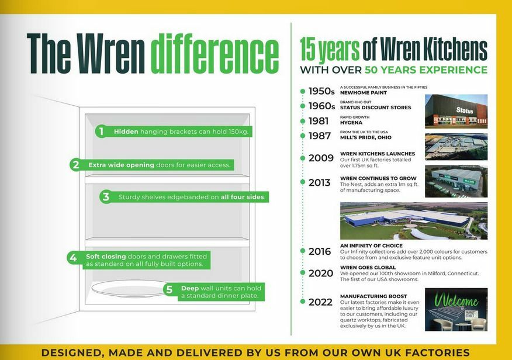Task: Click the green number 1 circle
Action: pyautogui.click(x=102, y=131)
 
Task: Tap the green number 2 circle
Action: pyautogui.click(x=75, y=165)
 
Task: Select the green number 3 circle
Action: pyautogui.click(x=106, y=197)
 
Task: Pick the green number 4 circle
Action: pyautogui.click(x=73, y=258)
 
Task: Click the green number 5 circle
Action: pyautogui.click(x=169, y=289)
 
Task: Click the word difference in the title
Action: pyautogui.click(x=215, y=54)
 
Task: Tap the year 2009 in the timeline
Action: pyautogui.click(x=321, y=158)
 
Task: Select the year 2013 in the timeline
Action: pyautogui.click(x=320, y=182)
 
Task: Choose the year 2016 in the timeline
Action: pyautogui.click(x=320, y=251)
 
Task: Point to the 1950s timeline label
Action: pyautogui.click(x=321, y=91)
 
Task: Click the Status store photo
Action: pyautogui.click(x=456, y=111)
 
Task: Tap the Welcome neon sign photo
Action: pyautogui.click(x=456, y=310)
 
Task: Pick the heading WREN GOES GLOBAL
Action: pyautogui.click(x=368, y=268)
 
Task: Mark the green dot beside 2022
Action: pyautogui.click(x=302, y=302)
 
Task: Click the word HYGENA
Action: pyautogui.click(x=351, y=122)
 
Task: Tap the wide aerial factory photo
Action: pyautogui.click(x=414, y=221)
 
